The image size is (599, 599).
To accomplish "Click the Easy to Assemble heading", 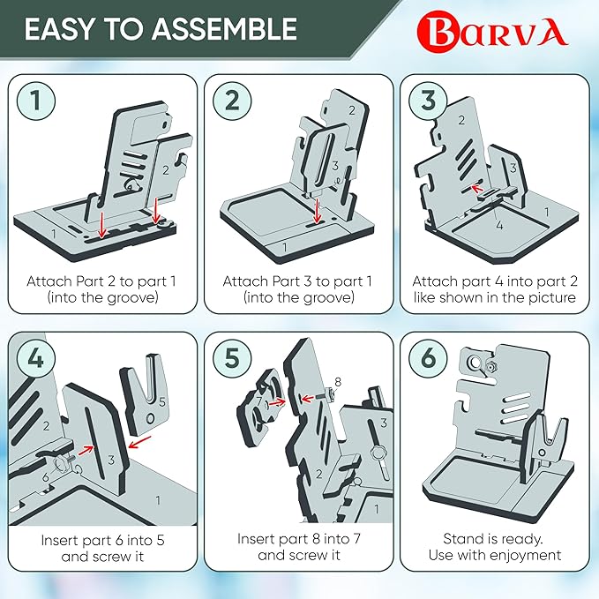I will tap(160, 29).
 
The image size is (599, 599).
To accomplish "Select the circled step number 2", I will tap(232, 101).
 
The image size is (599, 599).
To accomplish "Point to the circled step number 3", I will tap(428, 101).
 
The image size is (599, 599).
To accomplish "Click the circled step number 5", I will tap(232, 359).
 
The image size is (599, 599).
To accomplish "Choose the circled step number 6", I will tap(428, 359).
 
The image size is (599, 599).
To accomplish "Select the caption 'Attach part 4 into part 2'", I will tap(493, 281).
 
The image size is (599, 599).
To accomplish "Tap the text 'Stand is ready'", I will tap(493, 539).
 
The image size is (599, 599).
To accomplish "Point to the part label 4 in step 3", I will tap(498, 226).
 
